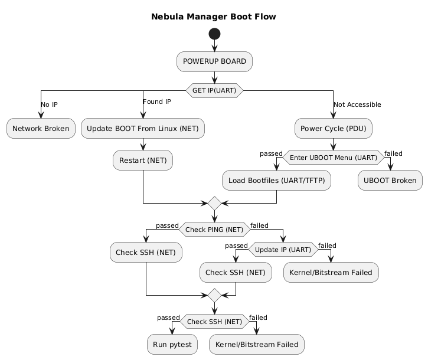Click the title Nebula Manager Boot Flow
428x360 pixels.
pos(214,17)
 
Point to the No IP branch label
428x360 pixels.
pos(49,104)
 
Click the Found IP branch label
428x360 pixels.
pos(156,102)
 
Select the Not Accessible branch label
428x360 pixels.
pos(357,104)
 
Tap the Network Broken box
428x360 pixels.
pos(41,128)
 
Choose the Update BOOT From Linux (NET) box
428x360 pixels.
pos(143,128)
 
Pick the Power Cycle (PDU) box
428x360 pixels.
pos(334,128)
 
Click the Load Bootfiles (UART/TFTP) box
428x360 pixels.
pos(276,181)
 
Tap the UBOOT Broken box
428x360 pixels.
pos(390,181)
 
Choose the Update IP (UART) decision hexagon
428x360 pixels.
pos(283,250)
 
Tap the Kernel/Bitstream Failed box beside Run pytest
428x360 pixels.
pos(257,344)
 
